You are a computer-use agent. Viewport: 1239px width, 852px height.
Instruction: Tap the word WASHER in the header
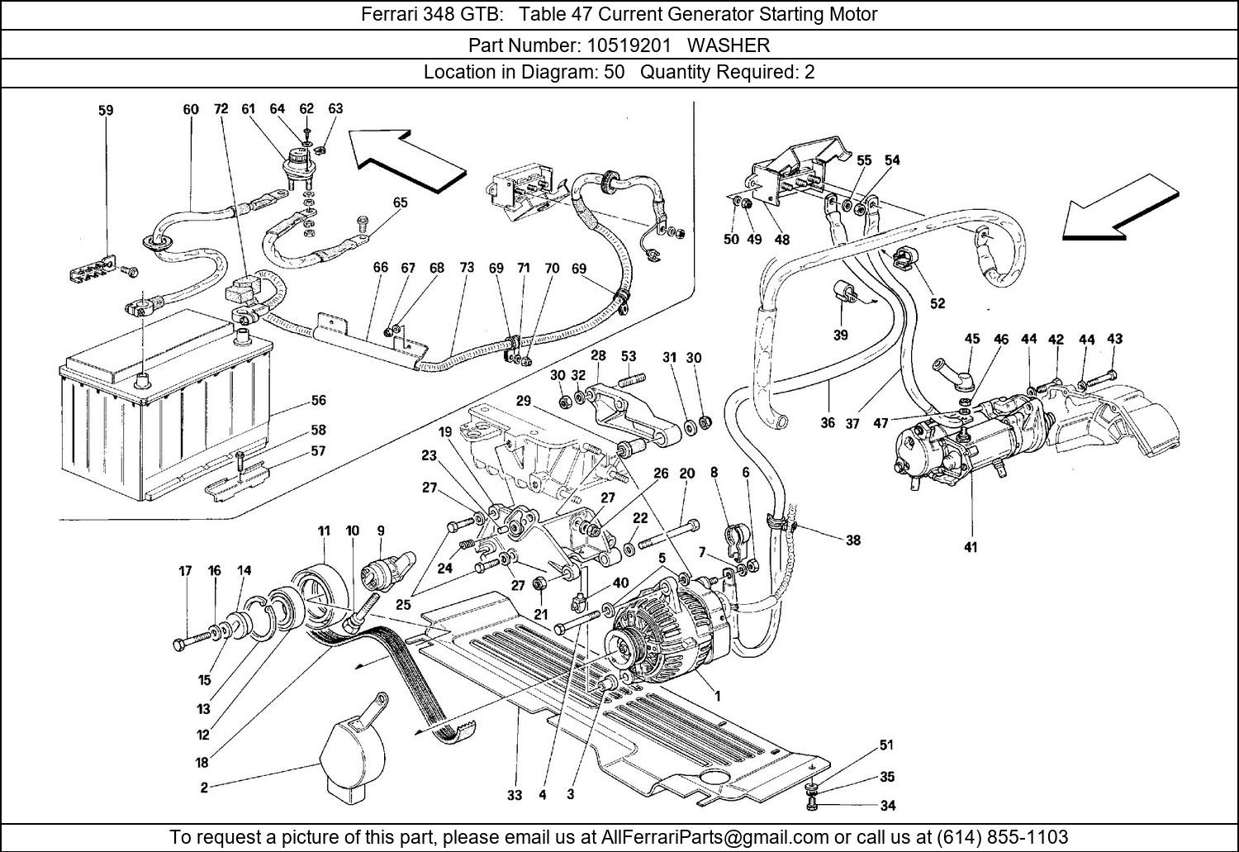729,45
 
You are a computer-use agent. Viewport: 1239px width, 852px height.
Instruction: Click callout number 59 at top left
106,110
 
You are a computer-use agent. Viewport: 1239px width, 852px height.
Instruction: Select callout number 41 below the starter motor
971,547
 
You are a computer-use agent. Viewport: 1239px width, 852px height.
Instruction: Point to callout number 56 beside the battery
318,400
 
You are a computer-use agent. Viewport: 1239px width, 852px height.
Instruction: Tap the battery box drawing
165,413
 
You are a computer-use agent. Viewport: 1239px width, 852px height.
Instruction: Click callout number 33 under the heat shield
515,795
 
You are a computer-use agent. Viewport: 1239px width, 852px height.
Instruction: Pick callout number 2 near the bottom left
204,788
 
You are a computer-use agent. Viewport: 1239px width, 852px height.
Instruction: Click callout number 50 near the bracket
731,240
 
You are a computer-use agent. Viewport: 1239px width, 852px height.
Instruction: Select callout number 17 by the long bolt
186,571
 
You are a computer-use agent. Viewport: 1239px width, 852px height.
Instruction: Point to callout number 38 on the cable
853,540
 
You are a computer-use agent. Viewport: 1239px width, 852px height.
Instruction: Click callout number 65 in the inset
401,202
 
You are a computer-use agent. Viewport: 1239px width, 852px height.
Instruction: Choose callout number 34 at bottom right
887,805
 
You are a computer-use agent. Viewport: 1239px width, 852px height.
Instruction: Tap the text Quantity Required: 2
728,72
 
